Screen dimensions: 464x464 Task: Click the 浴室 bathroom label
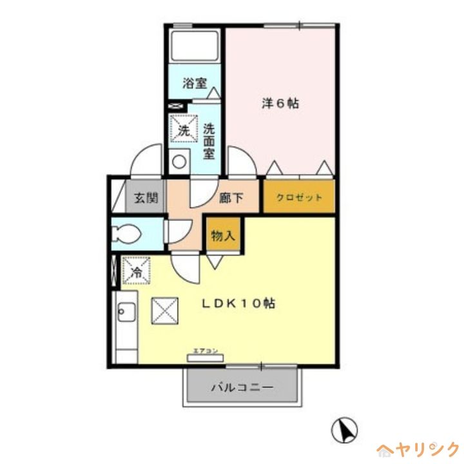point(194,83)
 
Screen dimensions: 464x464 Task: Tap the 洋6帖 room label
point(280,103)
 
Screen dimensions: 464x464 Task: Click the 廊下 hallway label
point(231,198)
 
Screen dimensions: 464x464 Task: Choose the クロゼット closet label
point(299,198)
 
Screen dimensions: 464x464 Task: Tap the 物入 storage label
point(223,237)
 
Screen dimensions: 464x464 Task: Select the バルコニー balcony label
point(242,388)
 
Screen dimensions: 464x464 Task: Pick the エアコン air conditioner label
point(203,351)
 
